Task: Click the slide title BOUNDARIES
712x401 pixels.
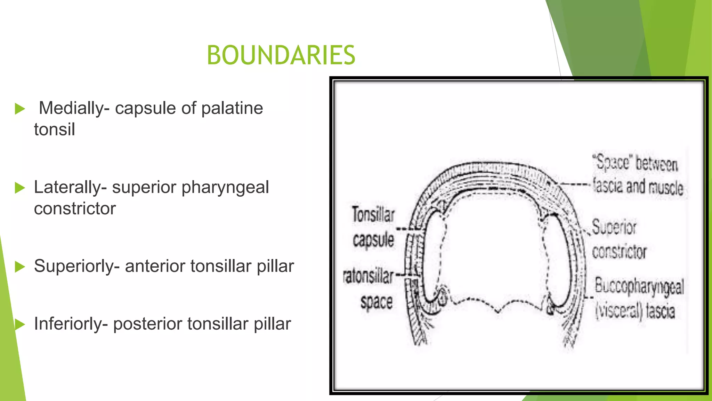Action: [281, 55]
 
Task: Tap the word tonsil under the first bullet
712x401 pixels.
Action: [55, 129]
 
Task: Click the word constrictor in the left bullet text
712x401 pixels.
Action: [75, 209]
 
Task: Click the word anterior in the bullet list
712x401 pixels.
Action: [155, 266]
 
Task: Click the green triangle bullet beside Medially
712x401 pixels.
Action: [20, 109]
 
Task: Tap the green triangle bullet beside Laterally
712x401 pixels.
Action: [20, 188]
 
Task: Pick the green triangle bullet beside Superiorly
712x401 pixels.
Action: [20, 267]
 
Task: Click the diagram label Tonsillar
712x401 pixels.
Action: [373, 214]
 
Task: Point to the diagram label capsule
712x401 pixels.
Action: [373, 240]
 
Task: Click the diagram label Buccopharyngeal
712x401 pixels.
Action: [639, 286]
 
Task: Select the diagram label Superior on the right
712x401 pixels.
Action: [614, 227]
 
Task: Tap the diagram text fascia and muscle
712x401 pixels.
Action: [638, 187]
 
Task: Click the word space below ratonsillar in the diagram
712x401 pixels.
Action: [377, 302]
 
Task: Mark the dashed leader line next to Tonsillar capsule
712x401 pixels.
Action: [410, 229]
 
